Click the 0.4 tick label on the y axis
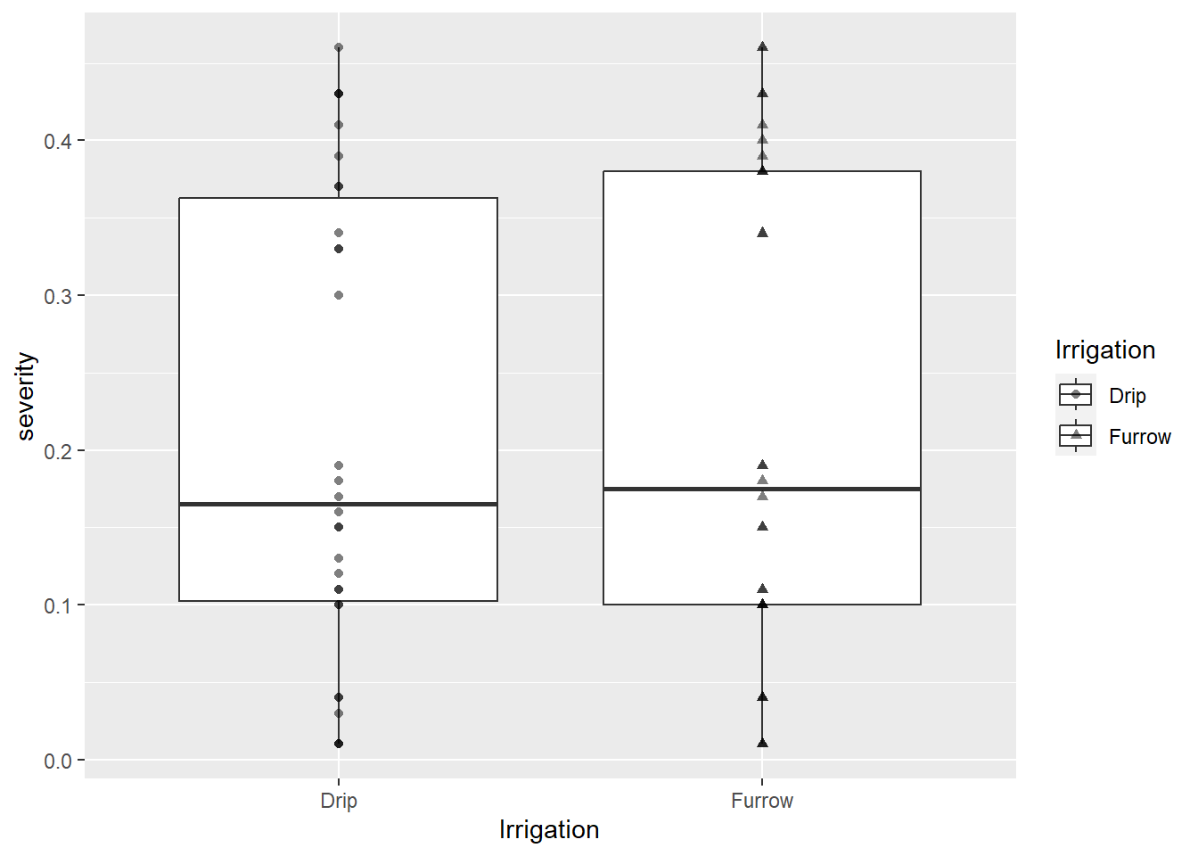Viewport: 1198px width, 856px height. click(x=58, y=142)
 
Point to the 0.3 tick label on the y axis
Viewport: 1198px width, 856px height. click(x=58, y=296)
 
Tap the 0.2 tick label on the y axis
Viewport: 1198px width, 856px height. click(x=58, y=451)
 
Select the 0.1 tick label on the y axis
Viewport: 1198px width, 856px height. click(x=58, y=606)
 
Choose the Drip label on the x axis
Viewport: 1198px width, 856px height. click(x=339, y=801)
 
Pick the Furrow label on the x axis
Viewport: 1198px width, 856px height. click(x=762, y=801)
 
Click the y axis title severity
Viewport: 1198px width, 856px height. click(x=25, y=397)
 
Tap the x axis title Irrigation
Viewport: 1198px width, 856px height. click(x=549, y=830)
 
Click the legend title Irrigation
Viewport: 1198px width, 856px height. click(x=1105, y=350)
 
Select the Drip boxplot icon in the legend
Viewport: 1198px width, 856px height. click(x=1076, y=395)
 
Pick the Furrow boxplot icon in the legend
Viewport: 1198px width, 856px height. click(x=1076, y=435)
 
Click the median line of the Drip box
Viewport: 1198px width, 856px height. click(x=338, y=504)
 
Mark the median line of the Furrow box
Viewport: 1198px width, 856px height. click(x=762, y=489)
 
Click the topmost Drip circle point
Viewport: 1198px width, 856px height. click(x=339, y=47)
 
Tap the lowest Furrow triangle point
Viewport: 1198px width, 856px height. click(x=763, y=743)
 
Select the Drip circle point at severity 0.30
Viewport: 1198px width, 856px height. click(x=339, y=295)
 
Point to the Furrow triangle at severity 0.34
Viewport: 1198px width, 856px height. click(x=763, y=232)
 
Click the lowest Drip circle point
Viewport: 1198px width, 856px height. click(x=339, y=744)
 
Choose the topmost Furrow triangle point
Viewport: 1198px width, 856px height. click(x=763, y=46)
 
